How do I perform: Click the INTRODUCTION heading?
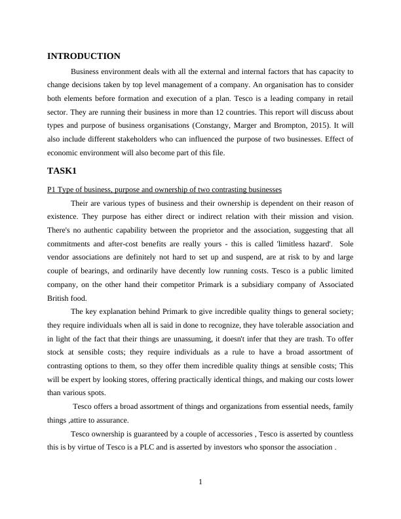(x=84, y=56)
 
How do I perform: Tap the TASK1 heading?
(x=62, y=171)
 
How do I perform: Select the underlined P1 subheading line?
(x=164, y=189)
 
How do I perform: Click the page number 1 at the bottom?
(x=200, y=483)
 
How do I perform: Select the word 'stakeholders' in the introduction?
(x=149, y=138)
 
